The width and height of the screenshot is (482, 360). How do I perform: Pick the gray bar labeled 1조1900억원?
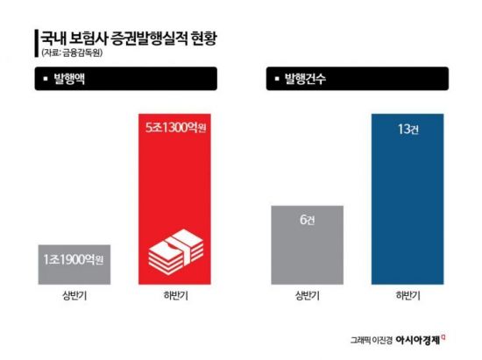pyautogui.click(x=74, y=263)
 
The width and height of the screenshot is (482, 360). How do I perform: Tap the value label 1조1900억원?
pyautogui.click(x=74, y=260)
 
